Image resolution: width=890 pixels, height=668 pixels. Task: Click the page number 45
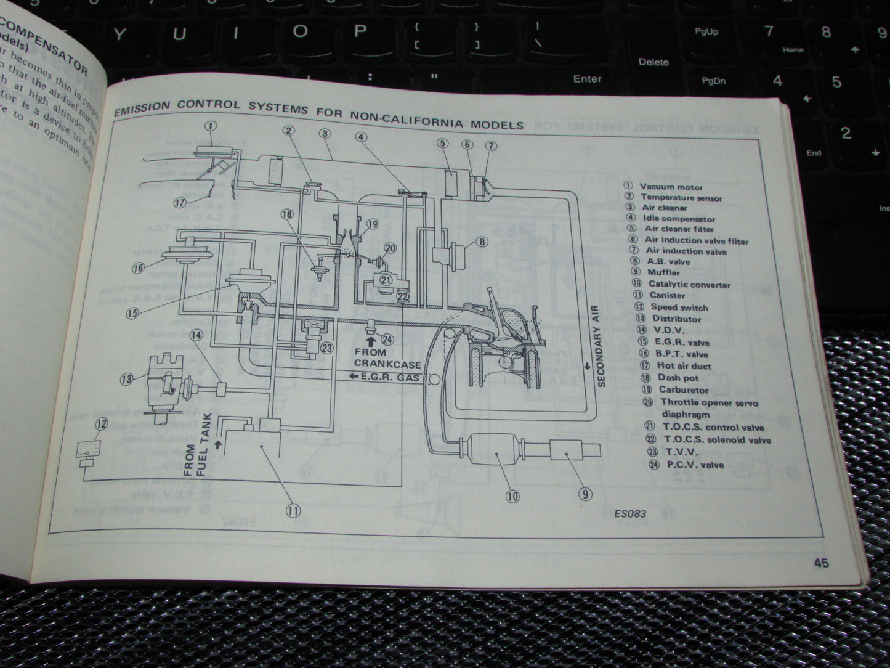(x=820, y=563)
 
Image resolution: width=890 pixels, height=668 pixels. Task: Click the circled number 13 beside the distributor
(x=126, y=378)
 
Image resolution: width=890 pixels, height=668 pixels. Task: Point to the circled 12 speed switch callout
(x=102, y=424)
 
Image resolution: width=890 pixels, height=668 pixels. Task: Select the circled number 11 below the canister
(x=293, y=510)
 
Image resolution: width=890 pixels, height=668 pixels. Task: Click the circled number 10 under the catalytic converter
(x=512, y=496)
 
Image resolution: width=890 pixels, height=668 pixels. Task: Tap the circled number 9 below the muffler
(x=585, y=494)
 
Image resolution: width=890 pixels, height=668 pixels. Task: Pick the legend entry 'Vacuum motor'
(x=670, y=186)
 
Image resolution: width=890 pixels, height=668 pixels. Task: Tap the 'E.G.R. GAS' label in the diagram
(x=384, y=377)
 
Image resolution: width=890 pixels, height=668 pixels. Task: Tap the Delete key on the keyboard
(x=653, y=62)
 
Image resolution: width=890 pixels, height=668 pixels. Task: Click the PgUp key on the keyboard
(x=706, y=31)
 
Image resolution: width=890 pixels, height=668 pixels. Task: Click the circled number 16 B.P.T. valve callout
(x=137, y=267)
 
